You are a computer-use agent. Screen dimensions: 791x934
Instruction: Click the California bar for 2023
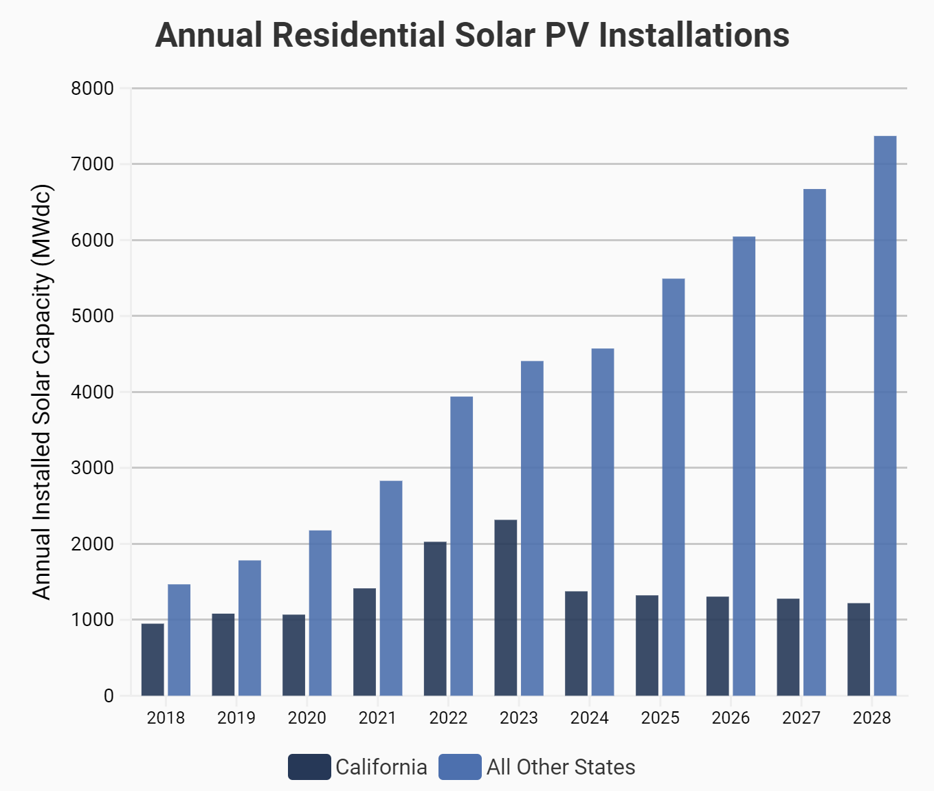(x=506, y=608)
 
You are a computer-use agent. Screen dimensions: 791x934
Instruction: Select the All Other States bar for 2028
(x=885, y=416)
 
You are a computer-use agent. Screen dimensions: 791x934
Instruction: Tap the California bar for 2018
(x=153, y=660)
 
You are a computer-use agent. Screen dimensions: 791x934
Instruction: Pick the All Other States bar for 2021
(x=391, y=588)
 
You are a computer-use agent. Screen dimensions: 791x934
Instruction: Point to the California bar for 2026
(x=718, y=646)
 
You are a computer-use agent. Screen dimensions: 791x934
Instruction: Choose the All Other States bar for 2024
(x=603, y=522)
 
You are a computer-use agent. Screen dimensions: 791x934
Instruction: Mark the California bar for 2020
(x=293, y=655)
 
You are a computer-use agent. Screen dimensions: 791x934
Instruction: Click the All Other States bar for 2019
(x=249, y=628)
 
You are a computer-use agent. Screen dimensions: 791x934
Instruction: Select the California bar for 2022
(x=435, y=619)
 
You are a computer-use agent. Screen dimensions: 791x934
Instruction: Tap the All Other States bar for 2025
(x=674, y=487)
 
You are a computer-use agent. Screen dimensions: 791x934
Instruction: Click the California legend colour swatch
(x=309, y=767)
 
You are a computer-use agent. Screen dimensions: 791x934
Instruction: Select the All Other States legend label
(x=561, y=767)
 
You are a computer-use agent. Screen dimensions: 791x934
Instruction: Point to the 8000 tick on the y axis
(x=93, y=89)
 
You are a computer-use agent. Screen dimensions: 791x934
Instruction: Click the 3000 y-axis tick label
(x=93, y=468)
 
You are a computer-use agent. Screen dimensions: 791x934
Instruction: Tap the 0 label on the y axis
(x=109, y=696)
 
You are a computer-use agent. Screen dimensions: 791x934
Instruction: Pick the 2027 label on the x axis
(x=801, y=718)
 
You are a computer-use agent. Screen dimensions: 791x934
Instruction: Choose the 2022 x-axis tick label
(x=448, y=718)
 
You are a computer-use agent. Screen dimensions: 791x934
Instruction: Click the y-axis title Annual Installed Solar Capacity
(x=43, y=392)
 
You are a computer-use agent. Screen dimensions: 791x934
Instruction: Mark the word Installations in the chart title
(x=694, y=35)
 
